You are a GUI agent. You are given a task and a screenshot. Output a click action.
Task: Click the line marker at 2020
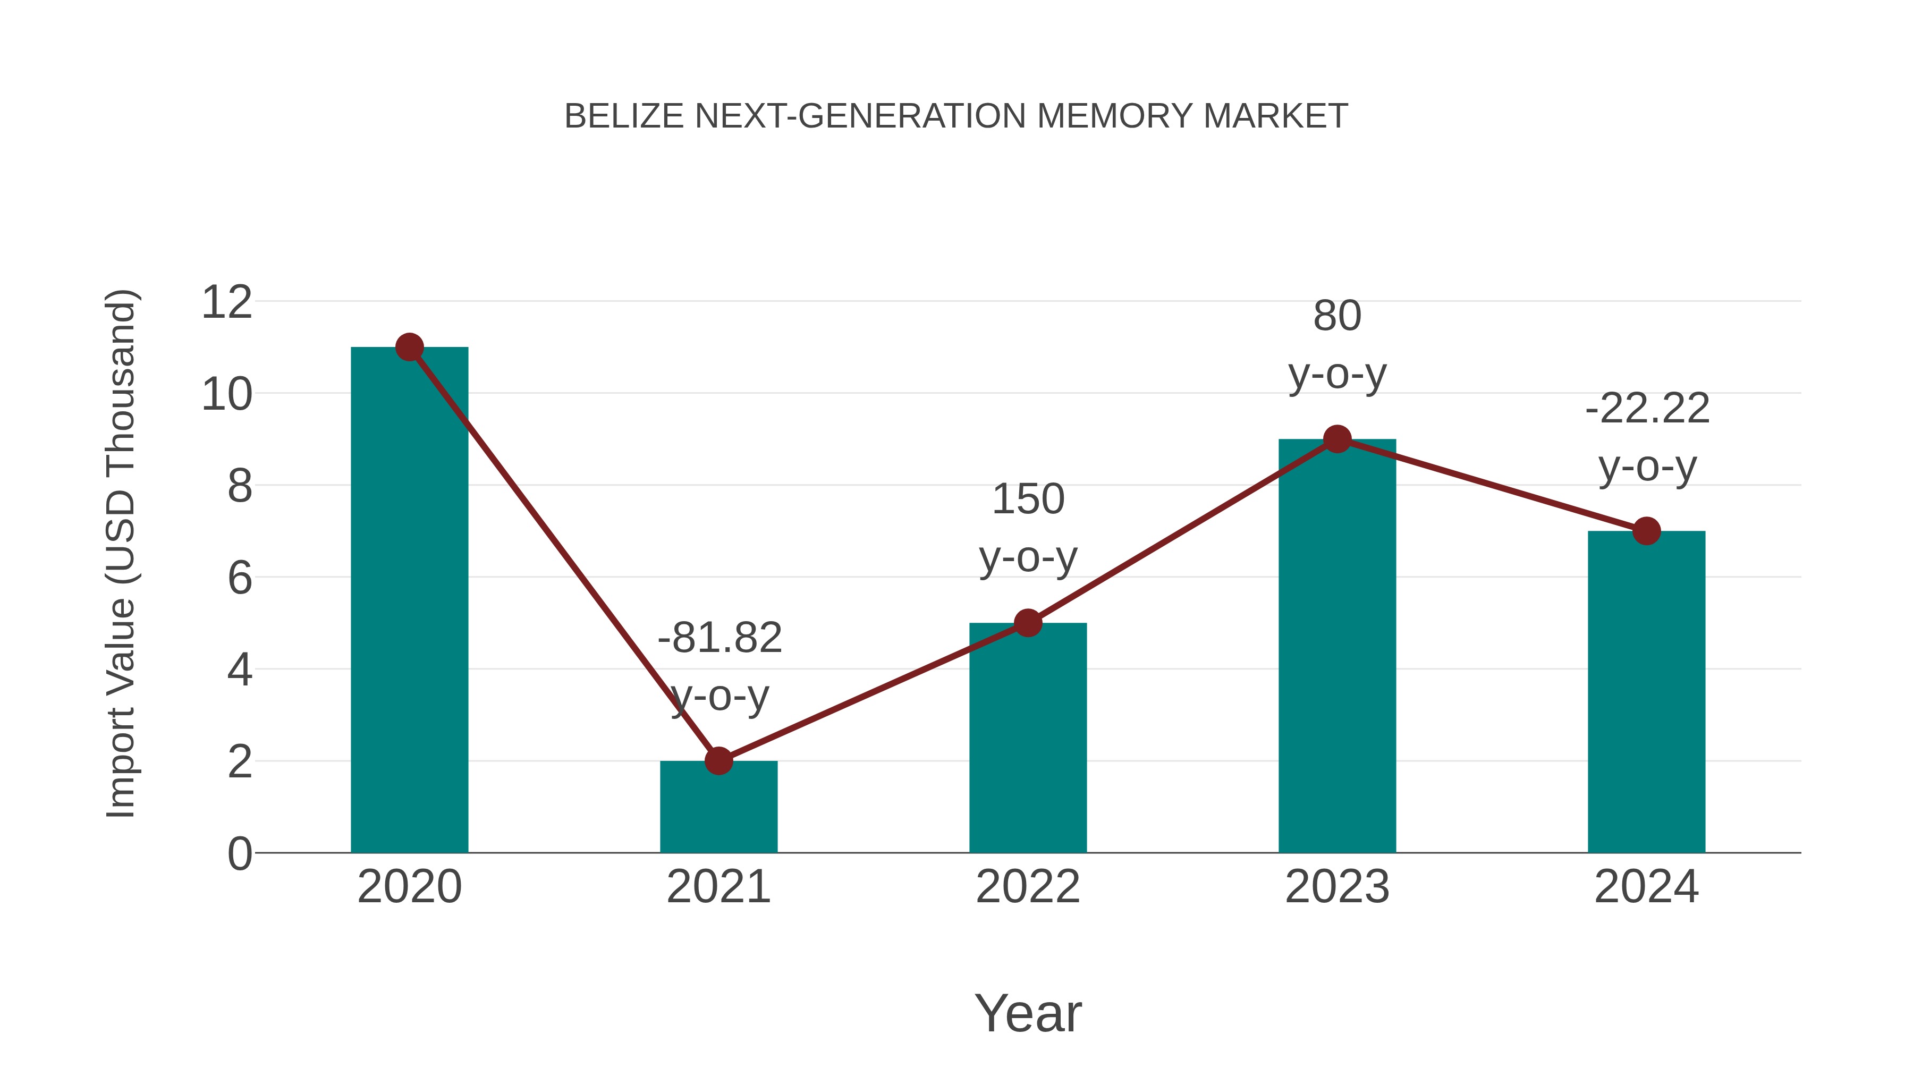pos(409,347)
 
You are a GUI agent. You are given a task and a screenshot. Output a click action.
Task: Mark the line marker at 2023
pos(1337,439)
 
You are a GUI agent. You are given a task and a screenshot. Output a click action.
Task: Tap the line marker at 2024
pos(1646,531)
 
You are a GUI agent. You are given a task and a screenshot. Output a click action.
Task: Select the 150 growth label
pos(1028,499)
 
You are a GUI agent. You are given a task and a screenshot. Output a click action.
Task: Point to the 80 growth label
pos(1337,316)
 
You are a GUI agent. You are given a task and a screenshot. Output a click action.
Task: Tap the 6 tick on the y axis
pos(240,578)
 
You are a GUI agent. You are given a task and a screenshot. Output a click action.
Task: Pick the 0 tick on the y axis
pos(240,853)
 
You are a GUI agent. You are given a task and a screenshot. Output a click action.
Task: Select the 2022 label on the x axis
pos(1028,887)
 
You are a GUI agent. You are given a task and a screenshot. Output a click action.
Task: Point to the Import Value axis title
pos(120,553)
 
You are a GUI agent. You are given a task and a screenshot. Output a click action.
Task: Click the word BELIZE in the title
pos(624,116)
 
